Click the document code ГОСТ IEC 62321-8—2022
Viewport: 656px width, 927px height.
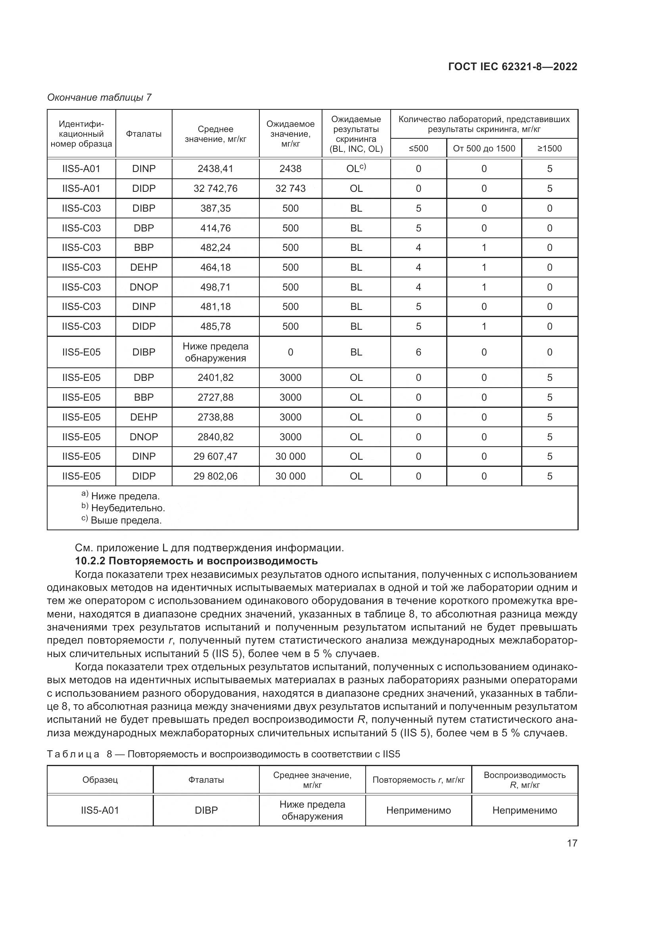click(512, 67)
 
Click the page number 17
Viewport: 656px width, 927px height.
click(572, 843)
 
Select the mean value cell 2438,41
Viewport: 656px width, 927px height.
click(215, 169)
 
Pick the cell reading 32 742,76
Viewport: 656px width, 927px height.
click(215, 189)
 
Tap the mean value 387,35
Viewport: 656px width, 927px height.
click(215, 208)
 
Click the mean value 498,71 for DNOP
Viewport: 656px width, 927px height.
click(215, 287)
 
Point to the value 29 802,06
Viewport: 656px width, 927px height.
click(215, 476)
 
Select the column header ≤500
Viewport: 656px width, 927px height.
click(418, 149)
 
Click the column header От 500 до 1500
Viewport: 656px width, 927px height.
click(484, 149)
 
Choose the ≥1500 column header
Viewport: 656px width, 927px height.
click(549, 149)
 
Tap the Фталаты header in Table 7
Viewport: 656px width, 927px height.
click(144, 134)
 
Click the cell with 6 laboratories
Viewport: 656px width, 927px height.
click(418, 352)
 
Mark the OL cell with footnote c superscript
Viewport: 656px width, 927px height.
click(356, 169)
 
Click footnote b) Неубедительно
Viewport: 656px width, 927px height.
click(124, 508)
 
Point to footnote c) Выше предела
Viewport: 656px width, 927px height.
click(122, 520)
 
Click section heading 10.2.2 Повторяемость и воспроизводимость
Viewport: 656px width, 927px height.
click(196, 561)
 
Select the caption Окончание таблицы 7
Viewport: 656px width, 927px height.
click(100, 97)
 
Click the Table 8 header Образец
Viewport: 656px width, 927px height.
click(100, 780)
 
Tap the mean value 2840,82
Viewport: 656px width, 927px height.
click(215, 437)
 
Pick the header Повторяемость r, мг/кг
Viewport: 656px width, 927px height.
click(418, 780)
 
